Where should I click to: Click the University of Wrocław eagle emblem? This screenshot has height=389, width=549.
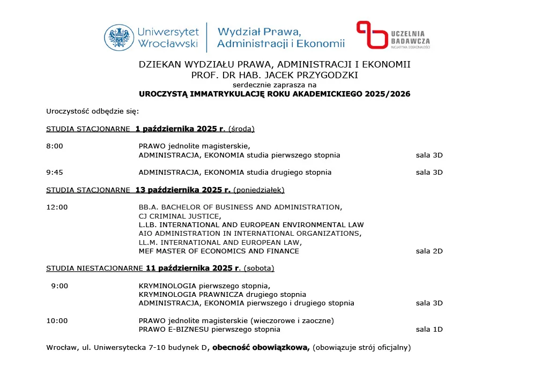coord(119,38)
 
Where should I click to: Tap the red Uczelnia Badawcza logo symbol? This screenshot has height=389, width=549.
coord(372,35)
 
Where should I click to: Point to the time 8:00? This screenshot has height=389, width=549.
coord(55,146)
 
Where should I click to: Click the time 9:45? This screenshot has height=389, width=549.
coord(55,173)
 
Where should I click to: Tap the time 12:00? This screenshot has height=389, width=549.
coord(57,207)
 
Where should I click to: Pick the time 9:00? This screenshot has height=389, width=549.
coord(60,286)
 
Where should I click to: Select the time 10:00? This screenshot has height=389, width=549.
coord(57,321)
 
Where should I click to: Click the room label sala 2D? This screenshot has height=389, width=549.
coord(429,251)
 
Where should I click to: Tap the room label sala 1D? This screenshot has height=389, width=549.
coord(429,330)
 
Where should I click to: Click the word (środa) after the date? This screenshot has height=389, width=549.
coord(241,129)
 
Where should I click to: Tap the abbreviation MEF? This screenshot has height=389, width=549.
coord(146,251)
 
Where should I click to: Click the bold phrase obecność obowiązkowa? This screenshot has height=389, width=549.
coord(261,348)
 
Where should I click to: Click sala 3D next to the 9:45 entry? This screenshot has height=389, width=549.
coord(429,173)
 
